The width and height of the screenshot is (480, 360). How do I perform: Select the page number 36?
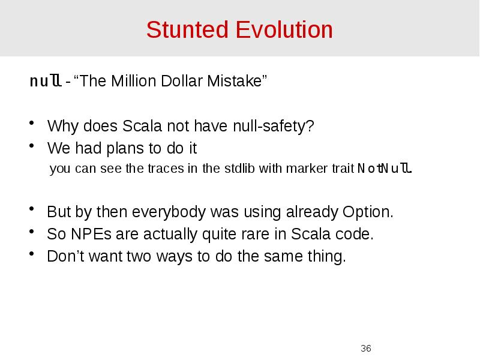[366, 349]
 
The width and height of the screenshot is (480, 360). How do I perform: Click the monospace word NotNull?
[385, 169]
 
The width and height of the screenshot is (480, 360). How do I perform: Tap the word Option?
[368, 212]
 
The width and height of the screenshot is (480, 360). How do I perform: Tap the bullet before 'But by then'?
[31, 211]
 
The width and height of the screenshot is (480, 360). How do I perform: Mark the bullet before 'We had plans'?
[31, 148]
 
